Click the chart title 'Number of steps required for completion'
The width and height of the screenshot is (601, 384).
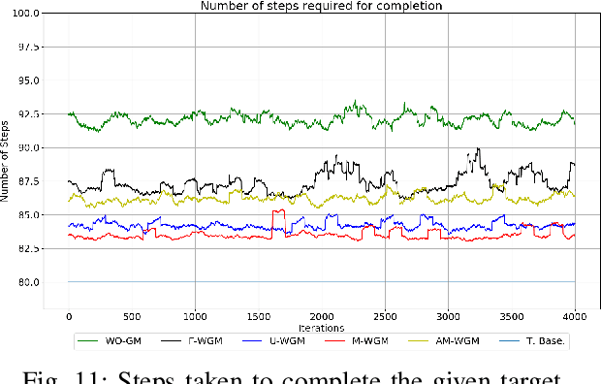point(321,6)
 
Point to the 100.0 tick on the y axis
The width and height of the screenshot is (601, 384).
point(25,14)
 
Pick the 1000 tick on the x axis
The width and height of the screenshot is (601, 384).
point(195,317)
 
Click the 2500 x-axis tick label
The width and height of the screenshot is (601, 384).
point(385,317)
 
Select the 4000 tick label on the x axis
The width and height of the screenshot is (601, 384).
point(575,317)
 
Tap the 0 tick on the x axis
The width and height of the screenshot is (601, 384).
point(69,317)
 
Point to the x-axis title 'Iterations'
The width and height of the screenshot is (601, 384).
point(321,329)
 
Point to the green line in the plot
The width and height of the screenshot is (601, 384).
point(291,119)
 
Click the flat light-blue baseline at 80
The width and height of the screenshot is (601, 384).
point(291,282)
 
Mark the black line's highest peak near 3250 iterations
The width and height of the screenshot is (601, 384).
point(478,149)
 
